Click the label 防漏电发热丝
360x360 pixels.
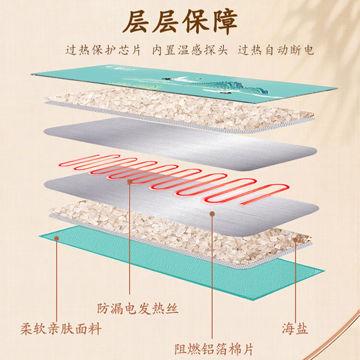[138, 309]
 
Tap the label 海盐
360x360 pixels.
[295, 328]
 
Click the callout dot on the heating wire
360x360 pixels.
[130, 182]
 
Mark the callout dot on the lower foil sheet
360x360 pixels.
[212, 216]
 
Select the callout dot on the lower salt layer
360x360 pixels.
[296, 239]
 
